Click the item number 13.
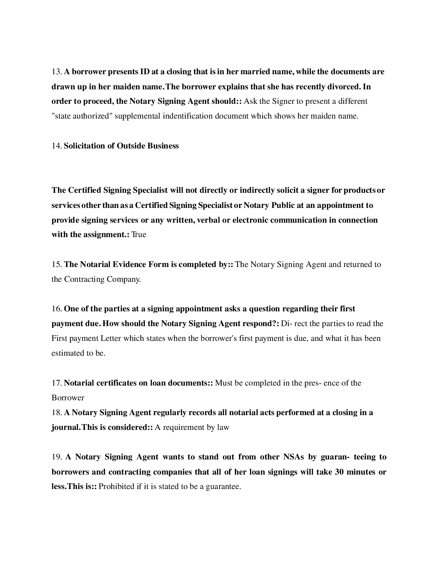(56, 72)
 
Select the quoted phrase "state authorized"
(82, 116)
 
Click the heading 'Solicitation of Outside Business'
(121, 146)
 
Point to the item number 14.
(56, 146)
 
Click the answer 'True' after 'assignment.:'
(139, 235)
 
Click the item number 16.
(56, 309)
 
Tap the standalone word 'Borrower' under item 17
(68, 398)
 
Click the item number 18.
(56, 412)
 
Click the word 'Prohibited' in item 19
(116, 487)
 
